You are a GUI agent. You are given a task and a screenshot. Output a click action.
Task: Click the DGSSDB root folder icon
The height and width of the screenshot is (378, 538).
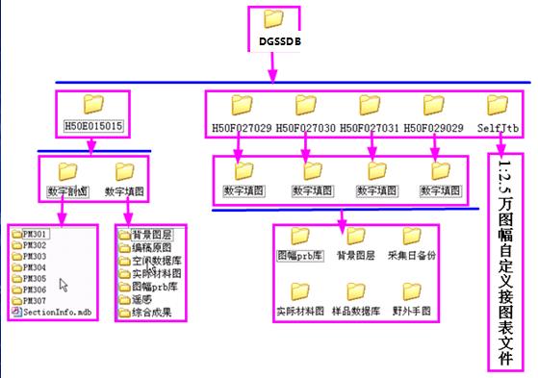[x=274, y=19]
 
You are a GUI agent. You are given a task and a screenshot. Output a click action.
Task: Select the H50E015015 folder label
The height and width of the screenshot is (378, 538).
[x=93, y=126]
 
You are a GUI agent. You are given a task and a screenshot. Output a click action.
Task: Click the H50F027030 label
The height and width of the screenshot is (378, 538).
[x=306, y=127]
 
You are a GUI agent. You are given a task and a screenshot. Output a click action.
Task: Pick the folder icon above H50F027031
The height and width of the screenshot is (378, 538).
[x=370, y=104]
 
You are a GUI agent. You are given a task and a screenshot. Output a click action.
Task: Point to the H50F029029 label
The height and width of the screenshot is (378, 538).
[x=434, y=127]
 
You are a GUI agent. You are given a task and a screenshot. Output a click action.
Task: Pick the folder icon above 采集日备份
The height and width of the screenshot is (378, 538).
[x=412, y=236]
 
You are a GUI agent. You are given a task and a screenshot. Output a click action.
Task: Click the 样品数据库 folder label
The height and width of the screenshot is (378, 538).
[x=355, y=312]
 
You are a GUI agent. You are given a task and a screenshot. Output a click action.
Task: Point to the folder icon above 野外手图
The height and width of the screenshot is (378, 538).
[x=412, y=290]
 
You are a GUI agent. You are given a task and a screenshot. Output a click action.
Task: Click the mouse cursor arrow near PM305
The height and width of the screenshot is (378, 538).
[x=63, y=285]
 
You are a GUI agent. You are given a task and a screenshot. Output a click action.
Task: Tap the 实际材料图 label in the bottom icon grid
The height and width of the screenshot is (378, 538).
[x=298, y=312]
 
